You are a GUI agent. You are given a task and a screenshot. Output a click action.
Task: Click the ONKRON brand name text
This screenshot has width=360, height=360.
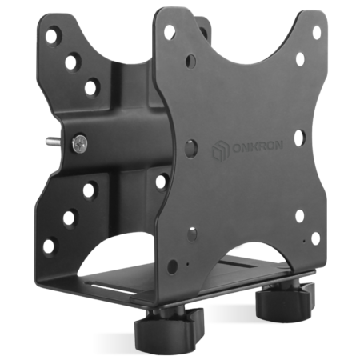coord(258,146)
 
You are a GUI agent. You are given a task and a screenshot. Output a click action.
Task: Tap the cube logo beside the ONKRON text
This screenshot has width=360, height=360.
coord(221,151)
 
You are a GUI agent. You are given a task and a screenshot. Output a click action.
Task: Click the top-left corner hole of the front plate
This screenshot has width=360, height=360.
coord(169,33)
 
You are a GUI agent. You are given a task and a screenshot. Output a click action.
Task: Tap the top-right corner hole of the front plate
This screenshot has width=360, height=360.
coord(317,33)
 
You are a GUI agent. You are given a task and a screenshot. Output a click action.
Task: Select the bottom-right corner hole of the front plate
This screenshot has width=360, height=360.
coord(315,238)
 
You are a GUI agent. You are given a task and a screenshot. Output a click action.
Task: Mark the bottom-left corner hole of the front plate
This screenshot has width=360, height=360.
coord(172,266)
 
